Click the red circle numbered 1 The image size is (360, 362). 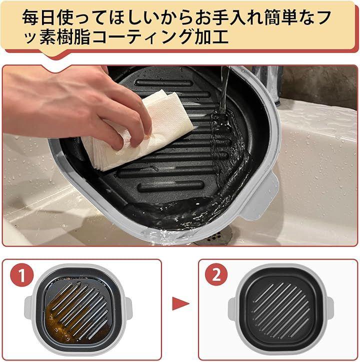(x=22, y=274)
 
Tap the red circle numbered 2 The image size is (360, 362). (x=216, y=274)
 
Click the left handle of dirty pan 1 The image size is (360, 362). (x=27, y=306)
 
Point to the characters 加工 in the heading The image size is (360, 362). (x=212, y=36)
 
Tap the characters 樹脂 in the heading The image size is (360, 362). (x=73, y=36)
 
